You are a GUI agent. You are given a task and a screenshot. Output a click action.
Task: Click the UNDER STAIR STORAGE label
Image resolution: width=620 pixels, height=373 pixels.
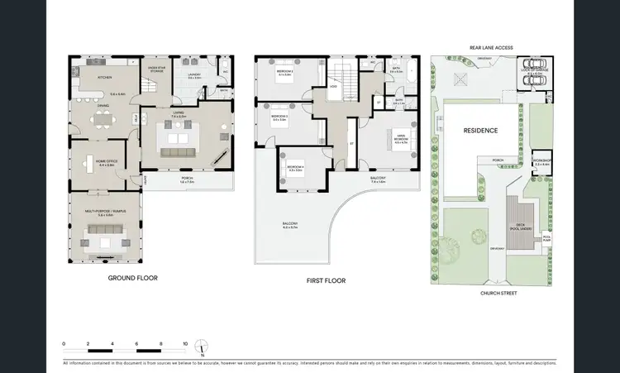[x=156, y=69]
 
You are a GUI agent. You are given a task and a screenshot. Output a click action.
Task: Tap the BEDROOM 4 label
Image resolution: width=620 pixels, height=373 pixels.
[x=295, y=168]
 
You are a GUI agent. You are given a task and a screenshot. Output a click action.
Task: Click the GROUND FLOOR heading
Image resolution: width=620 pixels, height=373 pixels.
[x=132, y=278]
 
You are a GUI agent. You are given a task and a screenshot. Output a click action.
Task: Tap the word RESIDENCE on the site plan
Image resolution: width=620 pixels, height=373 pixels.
[x=479, y=131]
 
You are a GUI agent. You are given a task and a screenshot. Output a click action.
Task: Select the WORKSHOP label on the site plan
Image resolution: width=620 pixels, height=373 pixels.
[x=541, y=160]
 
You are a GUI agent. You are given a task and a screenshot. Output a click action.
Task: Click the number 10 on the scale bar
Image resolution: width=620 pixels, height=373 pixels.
[x=185, y=342]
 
